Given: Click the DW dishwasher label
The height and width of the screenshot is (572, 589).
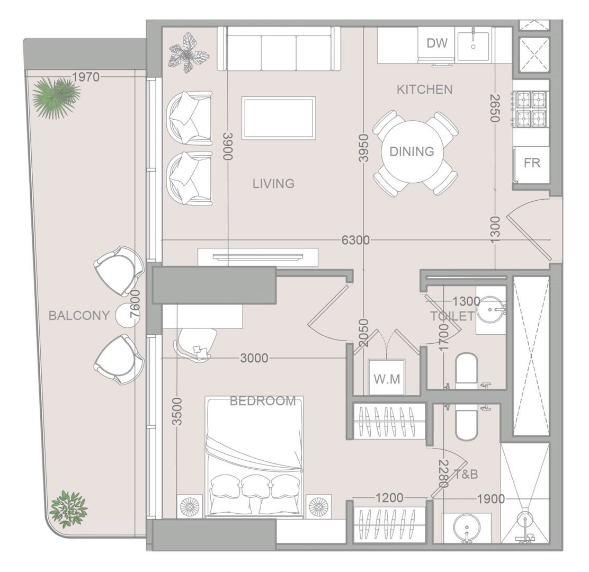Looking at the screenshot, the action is point(437,43).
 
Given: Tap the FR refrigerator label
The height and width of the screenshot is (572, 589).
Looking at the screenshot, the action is point(532,163).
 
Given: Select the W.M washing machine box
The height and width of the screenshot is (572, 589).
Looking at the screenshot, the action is point(387,377).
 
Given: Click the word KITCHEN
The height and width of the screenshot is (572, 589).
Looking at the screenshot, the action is point(424,90).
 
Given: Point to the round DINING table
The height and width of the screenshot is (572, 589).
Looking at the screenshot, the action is point(413,151).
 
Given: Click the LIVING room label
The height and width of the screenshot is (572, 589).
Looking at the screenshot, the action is point(273,184).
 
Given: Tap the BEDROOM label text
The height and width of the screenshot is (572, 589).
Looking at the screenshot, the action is point(263,401).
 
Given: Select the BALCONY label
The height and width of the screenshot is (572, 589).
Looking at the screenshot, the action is point(79,316).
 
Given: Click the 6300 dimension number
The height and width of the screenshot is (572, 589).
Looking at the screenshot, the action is point(355,240).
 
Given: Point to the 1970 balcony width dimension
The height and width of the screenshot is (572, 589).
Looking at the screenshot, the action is point(86,77).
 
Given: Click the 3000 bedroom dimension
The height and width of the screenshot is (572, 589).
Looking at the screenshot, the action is point(254,359).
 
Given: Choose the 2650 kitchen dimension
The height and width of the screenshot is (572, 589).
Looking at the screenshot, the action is point(495,108).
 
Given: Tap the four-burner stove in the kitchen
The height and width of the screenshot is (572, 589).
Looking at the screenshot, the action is point(531,108).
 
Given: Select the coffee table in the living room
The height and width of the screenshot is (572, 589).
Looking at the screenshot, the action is point(279,118).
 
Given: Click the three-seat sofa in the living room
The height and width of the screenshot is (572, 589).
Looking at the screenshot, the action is point(279,48).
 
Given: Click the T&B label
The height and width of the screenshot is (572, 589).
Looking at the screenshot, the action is point(466,475).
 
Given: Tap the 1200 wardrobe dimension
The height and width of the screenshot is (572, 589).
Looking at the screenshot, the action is point(389,498).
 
